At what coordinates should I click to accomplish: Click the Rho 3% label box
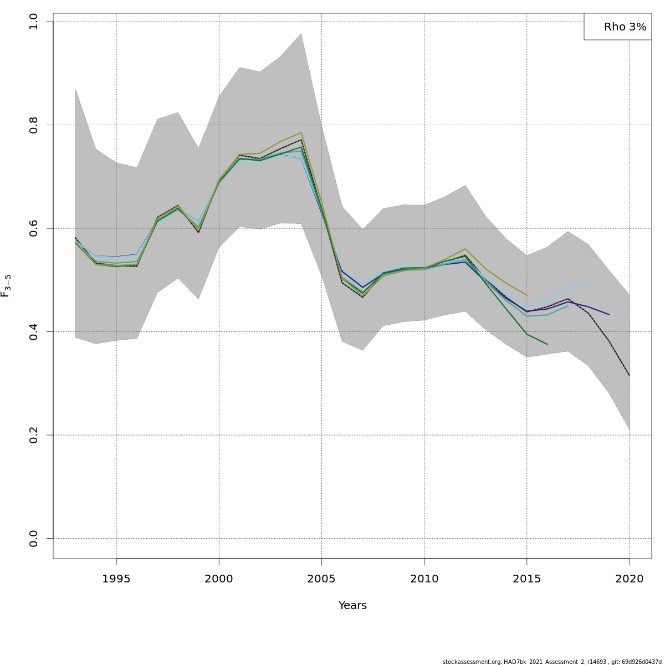click(617, 27)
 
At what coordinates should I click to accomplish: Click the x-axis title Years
click(352, 605)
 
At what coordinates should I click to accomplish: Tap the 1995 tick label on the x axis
click(116, 579)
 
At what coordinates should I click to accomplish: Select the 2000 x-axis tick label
click(219, 579)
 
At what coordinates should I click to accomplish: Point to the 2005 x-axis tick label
click(321, 579)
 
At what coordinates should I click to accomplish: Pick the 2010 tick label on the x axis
click(424, 579)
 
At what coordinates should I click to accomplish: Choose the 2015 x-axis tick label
click(526, 579)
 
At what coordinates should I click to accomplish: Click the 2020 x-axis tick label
click(630, 579)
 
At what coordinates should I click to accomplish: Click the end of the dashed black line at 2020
click(630, 376)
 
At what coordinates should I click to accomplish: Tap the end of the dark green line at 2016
click(548, 344)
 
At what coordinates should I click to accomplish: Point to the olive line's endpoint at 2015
click(526, 295)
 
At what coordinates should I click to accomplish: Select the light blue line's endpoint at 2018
click(589, 284)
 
